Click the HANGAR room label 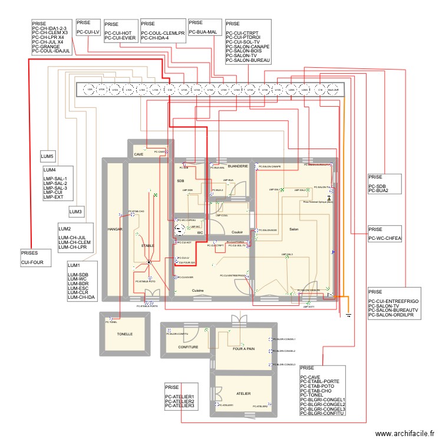(114, 229)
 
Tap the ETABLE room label (147, 245)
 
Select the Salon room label (293, 229)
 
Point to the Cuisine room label (198, 291)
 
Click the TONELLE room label (124, 334)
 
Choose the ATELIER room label (243, 393)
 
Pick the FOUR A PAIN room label (243, 348)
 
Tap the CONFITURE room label (189, 347)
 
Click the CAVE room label (138, 154)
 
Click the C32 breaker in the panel (170, 90)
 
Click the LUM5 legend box (47, 157)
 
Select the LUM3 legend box (76, 212)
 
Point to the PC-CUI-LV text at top (88, 32)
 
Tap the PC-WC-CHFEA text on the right (385, 239)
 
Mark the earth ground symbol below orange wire (348, 315)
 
